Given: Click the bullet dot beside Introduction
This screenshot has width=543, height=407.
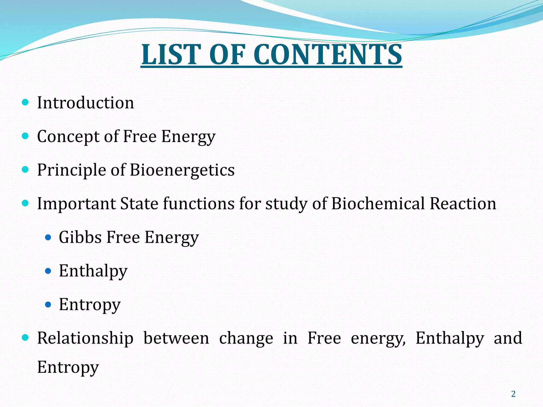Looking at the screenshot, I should pos(25,102).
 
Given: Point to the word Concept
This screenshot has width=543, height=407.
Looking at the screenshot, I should pos(68,136).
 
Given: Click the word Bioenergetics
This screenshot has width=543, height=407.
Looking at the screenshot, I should pos(182,170).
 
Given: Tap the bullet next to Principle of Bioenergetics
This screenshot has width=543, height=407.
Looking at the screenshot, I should pos(25,170).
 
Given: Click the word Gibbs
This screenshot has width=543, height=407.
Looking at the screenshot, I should pos(80,237).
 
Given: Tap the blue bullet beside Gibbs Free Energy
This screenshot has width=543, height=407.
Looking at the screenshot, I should pos(48,237).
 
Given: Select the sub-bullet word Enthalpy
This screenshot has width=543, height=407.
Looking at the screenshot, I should pos(93,271).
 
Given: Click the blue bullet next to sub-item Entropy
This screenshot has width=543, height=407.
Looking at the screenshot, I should pos(48,305).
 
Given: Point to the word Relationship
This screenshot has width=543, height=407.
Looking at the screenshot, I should pos(85,338).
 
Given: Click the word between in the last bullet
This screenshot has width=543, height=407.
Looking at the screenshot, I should pos(176,338).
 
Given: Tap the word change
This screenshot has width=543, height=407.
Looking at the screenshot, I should pos(246,338).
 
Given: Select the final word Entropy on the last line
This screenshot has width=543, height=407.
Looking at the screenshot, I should pos(68,368).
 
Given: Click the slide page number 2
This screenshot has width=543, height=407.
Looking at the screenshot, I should pos(513,394).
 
